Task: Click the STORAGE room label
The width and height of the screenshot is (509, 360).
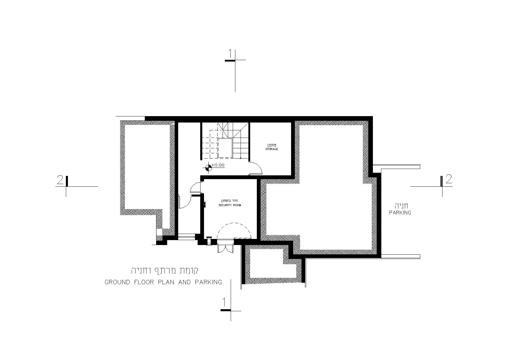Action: [272, 149]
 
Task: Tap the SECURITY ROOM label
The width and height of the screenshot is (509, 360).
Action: [230, 205]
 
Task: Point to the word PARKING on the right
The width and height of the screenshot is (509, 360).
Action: [400, 213]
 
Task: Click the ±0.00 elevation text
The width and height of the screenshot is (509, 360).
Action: [219, 165]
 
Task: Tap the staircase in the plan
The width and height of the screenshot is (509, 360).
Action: [225, 141]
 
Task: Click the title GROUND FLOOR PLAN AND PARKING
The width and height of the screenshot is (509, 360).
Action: [163, 282]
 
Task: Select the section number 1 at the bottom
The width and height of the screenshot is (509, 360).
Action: [224, 303]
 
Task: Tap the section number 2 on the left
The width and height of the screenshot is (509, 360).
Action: [60, 180]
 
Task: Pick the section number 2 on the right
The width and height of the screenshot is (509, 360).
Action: [449, 179]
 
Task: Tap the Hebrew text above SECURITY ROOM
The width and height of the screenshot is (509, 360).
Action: [230, 201]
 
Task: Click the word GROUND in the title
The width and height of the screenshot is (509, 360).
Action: [117, 282]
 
